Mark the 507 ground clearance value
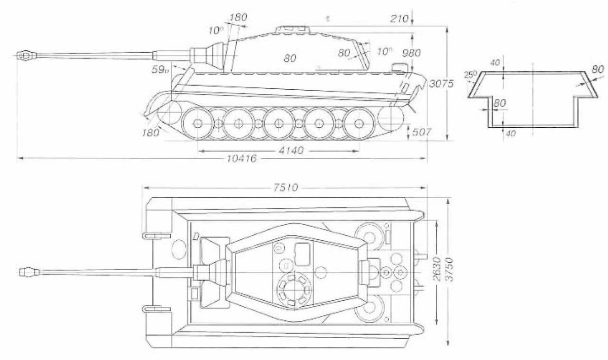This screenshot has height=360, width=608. [422, 132]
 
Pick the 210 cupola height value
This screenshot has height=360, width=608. [400, 19]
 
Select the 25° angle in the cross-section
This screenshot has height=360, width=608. [471, 75]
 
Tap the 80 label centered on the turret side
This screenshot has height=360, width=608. [290, 59]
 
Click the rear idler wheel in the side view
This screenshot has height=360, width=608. [391, 118]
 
